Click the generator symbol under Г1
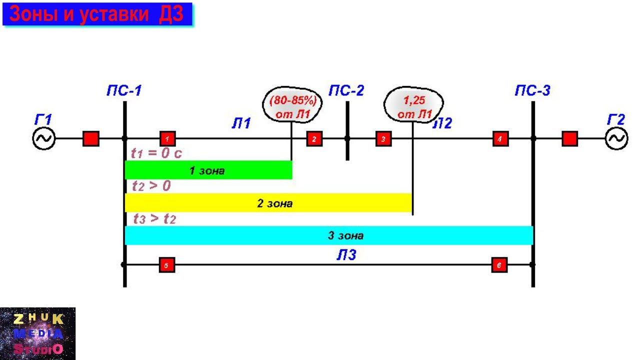point(44,138)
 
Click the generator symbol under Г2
point(616,138)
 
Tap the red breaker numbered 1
point(167,138)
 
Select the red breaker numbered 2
point(314,138)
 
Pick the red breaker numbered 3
point(383,138)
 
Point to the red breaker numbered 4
point(500,138)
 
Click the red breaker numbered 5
point(166,264)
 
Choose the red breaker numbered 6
point(499,264)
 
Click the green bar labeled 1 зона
point(208,170)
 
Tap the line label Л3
point(346,255)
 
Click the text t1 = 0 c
point(156,153)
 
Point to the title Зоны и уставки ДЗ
point(97,15)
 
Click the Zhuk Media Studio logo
point(37,333)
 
